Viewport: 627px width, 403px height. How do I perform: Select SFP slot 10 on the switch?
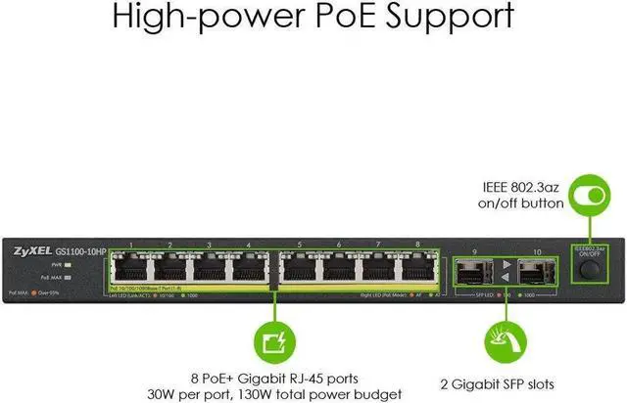click(x=538, y=271)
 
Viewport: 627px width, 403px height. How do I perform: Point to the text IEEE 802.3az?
click(x=521, y=186)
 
